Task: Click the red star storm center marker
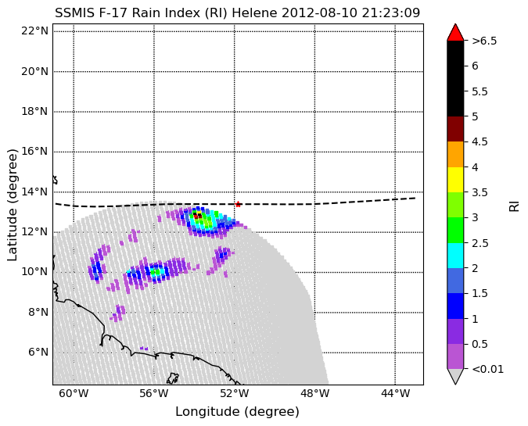coord(238,204)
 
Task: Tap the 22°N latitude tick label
coord(34,31)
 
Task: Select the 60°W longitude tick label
coord(74,393)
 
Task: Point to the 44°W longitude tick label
coord(395,393)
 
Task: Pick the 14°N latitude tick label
coord(34,192)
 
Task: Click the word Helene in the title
coord(254,13)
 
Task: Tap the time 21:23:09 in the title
coord(391,13)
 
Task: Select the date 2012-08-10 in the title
coord(320,13)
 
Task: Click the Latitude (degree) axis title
coord(12,205)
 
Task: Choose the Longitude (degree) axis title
coord(237,411)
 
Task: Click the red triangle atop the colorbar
coord(455,33)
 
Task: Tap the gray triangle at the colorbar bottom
coord(455,376)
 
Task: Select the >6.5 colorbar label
coord(484,41)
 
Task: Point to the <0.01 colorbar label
coord(487,369)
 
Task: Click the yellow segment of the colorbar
coord(455,180)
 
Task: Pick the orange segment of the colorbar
coord(455,155)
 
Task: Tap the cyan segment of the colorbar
coord(455,256)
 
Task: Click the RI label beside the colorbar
coord(514,205)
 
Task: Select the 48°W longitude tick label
coord(315,393)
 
